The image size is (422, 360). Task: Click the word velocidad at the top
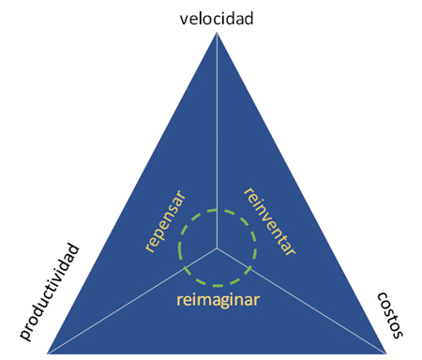(217, 18)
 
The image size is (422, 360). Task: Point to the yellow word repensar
(164, 222)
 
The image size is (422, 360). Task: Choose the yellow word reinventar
(270, 223)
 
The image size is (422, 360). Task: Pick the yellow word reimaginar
(218, 302)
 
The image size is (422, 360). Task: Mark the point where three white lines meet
(218, 248)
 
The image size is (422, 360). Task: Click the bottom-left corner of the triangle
(48, 352)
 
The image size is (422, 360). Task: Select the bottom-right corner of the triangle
(387, 352)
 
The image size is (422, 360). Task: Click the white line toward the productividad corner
(131, 300)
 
